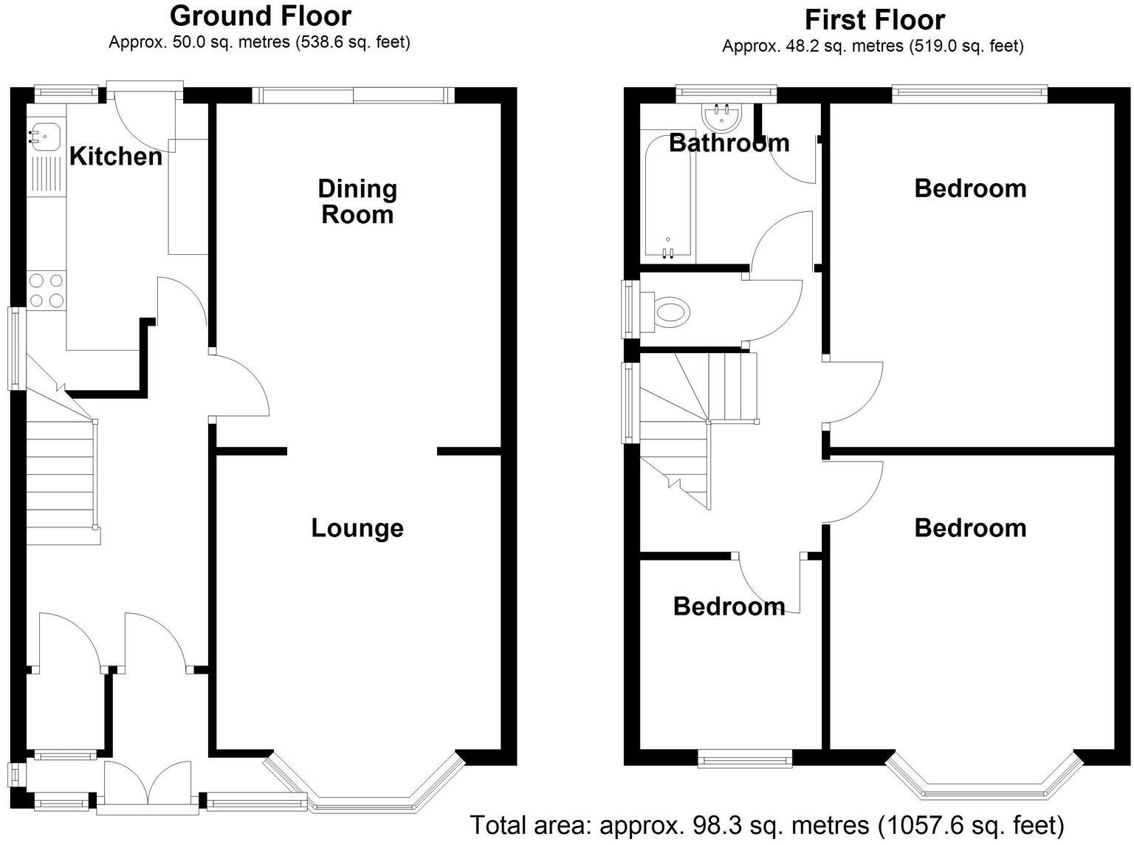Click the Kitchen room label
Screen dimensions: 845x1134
pyautogui.click(x=115, y=156)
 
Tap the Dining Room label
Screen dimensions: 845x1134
pyautogui.click(x=357, y=202)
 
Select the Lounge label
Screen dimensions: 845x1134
pyautogui.click(x=357, y=528)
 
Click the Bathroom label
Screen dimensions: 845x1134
pyautogui.click(x=729, y=143)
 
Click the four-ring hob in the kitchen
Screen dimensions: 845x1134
pyautogui.click(x=46, y=290)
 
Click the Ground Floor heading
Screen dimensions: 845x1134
pyautogui.click(x=261, y=16)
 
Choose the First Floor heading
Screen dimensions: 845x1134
pyautogui.click(x=874, y=19)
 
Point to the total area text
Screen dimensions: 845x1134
pyautogui.click(x=767, y=824)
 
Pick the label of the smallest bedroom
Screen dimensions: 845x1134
pyautogui.click(x=729, y=606)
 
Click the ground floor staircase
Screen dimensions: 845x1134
pyautogui.click(x=62, y=473)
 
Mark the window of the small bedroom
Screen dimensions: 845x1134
pyautogui.click(x=745, y=757)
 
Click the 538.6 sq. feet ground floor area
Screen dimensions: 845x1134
pyautogui.click(x=353, y=42)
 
